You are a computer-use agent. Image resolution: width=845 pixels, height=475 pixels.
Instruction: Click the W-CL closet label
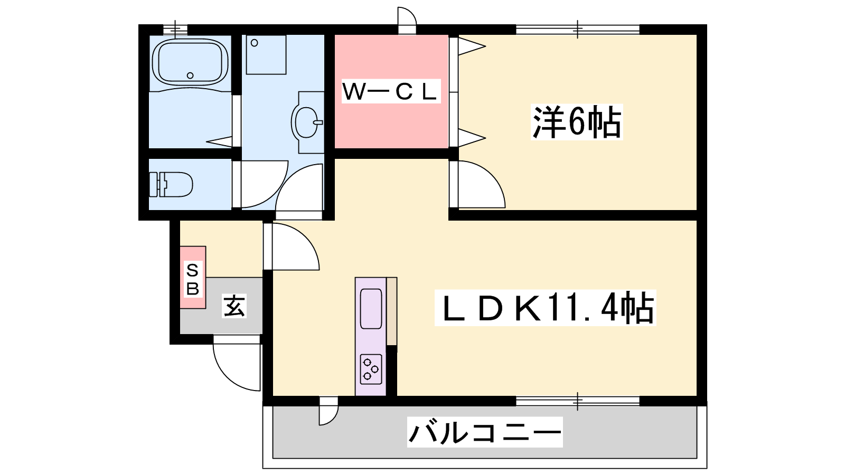click(x=391, y=91)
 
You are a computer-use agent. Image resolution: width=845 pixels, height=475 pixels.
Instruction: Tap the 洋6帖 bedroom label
click(x=577, y=122)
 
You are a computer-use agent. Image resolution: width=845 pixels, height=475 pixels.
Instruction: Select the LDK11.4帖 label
click(x=545, y=308)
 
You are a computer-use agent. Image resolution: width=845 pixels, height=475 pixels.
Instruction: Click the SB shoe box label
click(x=193, y=279)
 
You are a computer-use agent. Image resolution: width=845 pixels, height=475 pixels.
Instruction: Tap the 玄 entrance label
click(x=234, y=306)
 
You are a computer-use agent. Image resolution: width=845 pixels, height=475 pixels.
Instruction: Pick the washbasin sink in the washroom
click(x=306, y=122)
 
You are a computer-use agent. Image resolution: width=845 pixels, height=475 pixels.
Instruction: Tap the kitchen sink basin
click(x=371, y=309)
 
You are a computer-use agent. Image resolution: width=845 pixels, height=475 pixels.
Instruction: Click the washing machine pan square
click(x=266, y=54)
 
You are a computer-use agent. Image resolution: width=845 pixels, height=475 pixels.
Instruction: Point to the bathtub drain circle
click(x=190, y=75)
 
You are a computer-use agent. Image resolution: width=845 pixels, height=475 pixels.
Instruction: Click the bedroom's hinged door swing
click(x=478, y=185)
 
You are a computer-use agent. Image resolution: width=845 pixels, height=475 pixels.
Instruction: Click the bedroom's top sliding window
click(x=577, y=29)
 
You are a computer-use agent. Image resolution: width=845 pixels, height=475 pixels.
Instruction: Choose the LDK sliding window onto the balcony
click(x=577, y=401)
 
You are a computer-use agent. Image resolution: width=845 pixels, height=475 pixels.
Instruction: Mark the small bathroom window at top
click(x=175, y=29)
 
